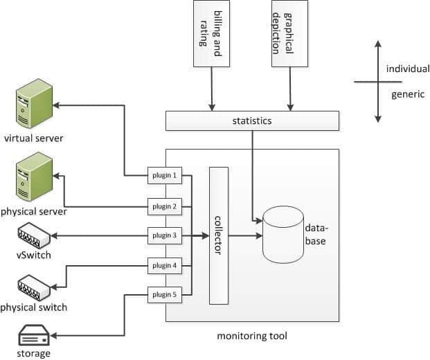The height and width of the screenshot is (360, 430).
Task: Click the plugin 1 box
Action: point(165,176)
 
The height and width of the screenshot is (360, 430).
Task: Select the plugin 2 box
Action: point(165,206)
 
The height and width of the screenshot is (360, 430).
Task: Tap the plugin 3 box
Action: point(165,235)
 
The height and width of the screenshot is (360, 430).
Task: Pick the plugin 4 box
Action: point(165,265)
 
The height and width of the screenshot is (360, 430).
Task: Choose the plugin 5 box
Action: point(165,295)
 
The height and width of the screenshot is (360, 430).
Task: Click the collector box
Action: point(219,236)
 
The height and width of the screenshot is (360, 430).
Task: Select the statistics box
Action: point(252,121)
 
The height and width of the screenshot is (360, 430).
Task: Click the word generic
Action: point(408,94)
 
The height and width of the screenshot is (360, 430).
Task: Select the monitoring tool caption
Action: point(252,336)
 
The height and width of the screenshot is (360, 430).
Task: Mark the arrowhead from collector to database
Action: point(258,236)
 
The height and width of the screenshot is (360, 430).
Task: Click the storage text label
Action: point(33,354)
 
